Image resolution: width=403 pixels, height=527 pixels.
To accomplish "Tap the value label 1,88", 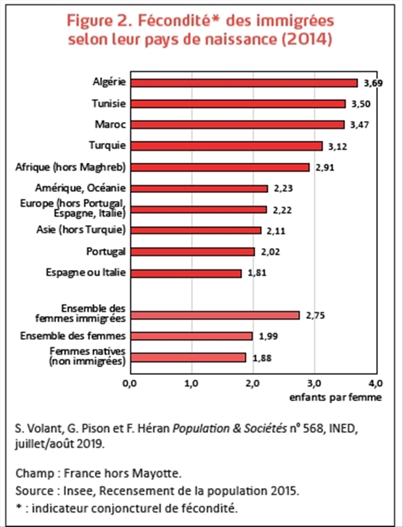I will point(261,358).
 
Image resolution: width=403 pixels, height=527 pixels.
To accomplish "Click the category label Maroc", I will point(111,125).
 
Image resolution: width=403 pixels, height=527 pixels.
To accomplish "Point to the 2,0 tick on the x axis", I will point(253,383).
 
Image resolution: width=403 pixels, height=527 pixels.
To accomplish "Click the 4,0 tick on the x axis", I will point(376,383).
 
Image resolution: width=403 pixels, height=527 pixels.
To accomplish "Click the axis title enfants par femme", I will point(336,398).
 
